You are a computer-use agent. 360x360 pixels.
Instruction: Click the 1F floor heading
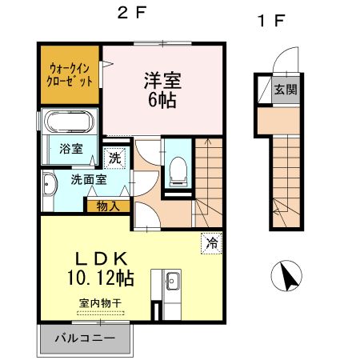[x=270, y=19]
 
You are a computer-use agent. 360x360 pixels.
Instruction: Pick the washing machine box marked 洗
[x=115, y=158]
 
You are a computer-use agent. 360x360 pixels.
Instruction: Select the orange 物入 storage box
[x=108, y=206]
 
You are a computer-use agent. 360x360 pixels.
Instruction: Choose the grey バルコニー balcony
[x=84, y=338]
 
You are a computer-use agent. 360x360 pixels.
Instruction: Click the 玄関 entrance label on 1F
[x=285, y=88]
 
